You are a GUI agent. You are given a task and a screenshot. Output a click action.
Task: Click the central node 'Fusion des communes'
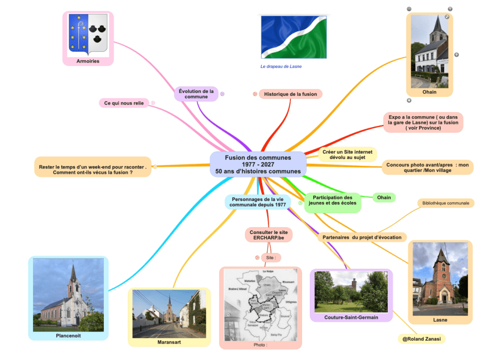(x=258, y=164)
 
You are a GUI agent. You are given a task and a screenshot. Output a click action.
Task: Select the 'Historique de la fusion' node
(x=290, y=94)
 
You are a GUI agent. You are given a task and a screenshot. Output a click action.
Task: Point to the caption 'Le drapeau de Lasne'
(x=281, y=66)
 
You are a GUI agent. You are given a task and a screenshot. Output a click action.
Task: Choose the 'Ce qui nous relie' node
(x=124, y=103)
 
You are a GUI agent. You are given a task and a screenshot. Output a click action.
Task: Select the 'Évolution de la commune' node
(x=196, y=94)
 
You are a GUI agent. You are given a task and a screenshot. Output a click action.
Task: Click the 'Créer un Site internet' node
(x=347, y=155)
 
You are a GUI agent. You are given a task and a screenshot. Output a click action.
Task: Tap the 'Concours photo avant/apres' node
(x=427, y=168)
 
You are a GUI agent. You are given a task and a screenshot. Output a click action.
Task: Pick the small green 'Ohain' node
(x=384, y=197)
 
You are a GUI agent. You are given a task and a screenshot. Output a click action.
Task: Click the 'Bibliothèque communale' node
(x=446, y=203)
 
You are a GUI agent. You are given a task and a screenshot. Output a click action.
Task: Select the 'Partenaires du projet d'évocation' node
(x=362, y=237)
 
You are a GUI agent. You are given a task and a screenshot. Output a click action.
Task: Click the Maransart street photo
(x=169, y=313)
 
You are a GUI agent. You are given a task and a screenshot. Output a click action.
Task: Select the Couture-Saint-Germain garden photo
(x=351, y=292)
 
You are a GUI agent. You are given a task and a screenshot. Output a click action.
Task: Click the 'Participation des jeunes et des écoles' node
(x=332, y=200)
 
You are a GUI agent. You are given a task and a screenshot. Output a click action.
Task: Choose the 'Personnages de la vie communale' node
(x=257, y=202)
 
